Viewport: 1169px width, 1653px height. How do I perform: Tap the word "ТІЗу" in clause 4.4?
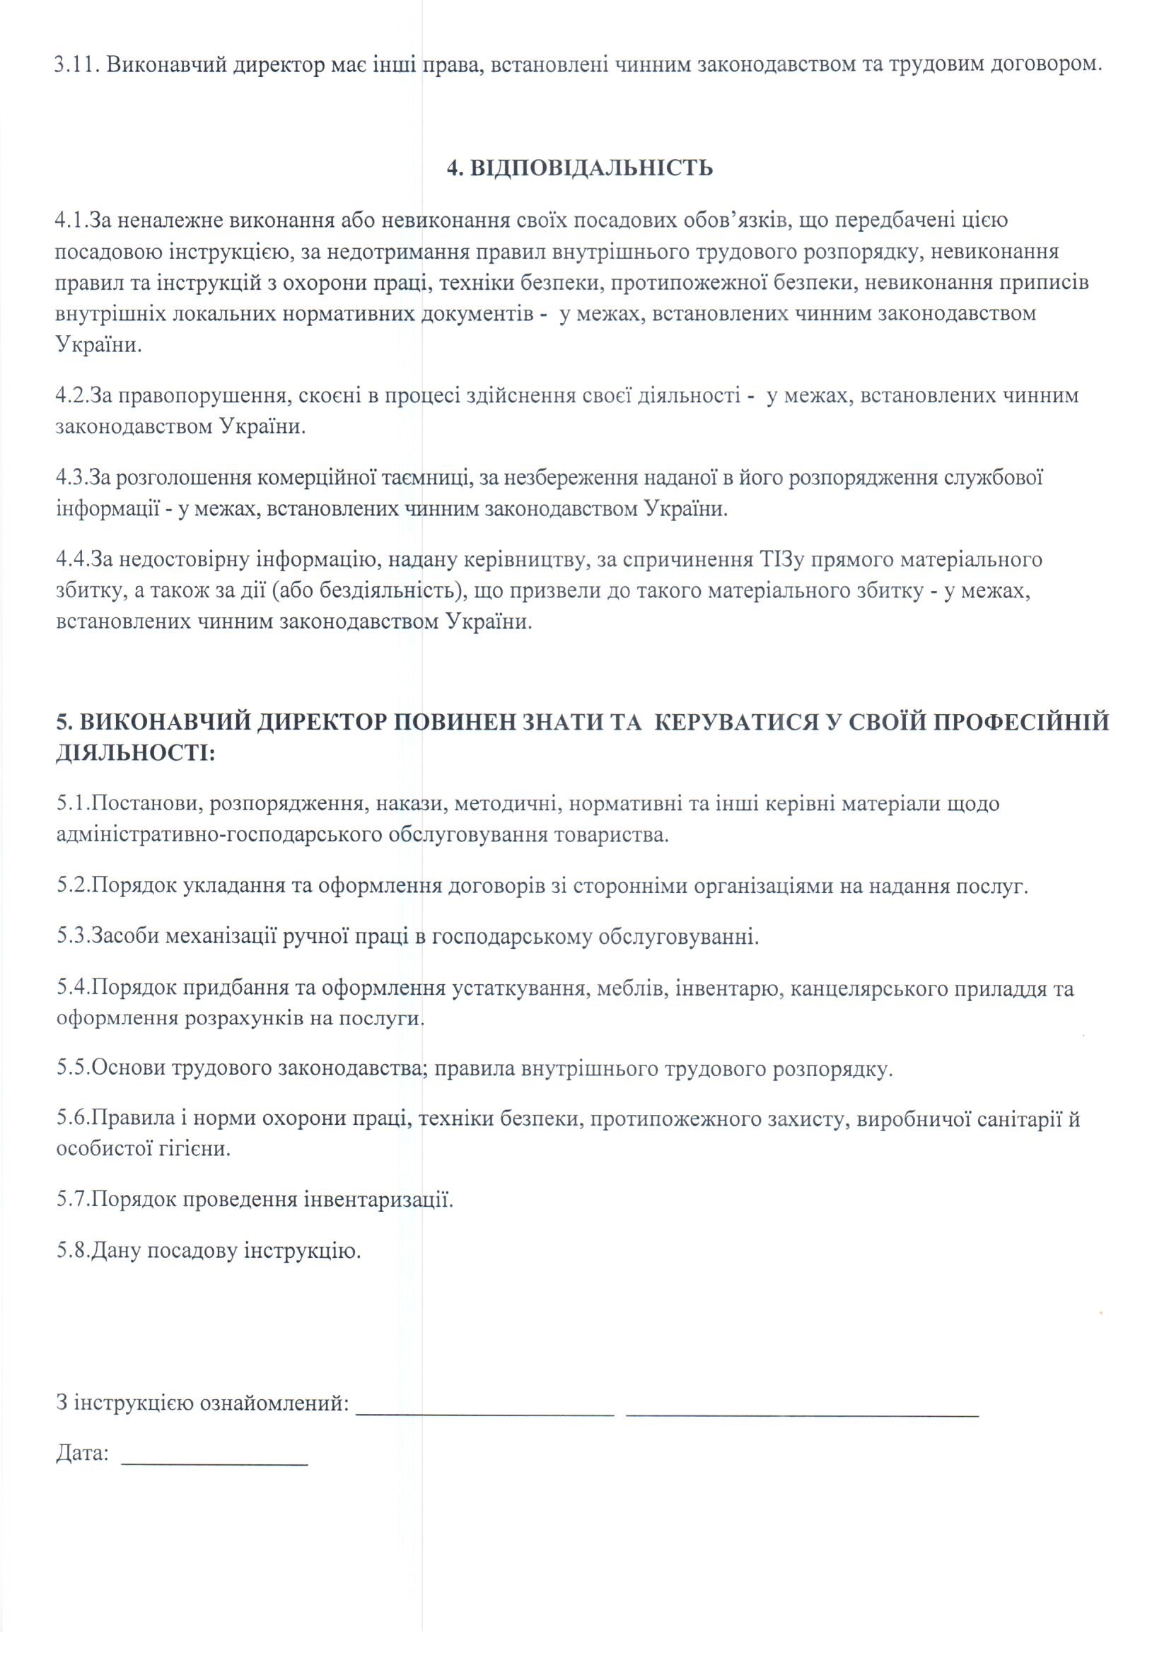(781, 559)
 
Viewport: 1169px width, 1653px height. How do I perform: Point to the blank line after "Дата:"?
(215, 1444)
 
